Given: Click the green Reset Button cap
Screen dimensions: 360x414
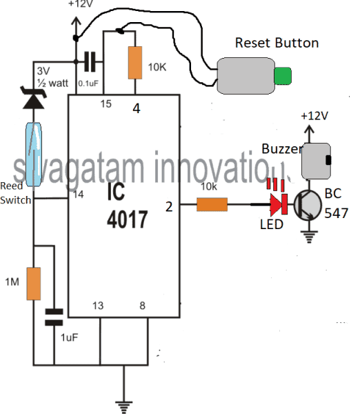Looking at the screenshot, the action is (x=283, y=76).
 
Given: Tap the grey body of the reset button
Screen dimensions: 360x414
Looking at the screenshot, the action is (x=246, y=76).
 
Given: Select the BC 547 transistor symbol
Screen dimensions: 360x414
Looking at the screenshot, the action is (x=308, y=205).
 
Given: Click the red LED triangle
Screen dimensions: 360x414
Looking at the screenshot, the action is (x=276, y=204).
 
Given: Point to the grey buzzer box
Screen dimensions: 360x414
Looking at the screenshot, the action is (x=316, y=161).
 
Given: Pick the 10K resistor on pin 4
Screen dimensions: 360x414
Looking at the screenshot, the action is (x=135, y=63).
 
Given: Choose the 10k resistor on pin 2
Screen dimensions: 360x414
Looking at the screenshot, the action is (x=212, y=204).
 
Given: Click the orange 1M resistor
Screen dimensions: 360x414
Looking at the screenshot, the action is (x=34, y=284).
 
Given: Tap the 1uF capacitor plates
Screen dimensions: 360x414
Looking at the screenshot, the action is (x=54, y=317).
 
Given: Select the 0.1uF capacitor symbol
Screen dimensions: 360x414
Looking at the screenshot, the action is (x=90, y=62).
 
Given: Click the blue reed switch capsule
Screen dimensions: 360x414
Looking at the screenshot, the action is (x=34, y=155).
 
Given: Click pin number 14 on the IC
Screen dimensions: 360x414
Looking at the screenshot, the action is (x=79, y=195).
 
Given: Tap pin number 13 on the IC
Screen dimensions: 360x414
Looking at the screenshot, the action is (x=98, y=306).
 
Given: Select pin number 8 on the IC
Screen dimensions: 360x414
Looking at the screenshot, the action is (x=142, y=306).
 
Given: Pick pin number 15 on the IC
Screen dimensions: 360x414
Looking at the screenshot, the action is (x=106, y=103).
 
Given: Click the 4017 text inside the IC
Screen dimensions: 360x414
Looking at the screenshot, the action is (x=127, y=219).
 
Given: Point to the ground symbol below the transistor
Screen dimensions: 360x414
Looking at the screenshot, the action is (x=309, y=237).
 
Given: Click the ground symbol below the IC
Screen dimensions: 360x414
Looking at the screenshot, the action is (x=123, y=407).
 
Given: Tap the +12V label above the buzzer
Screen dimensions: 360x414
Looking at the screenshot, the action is (x=314, y=116).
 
